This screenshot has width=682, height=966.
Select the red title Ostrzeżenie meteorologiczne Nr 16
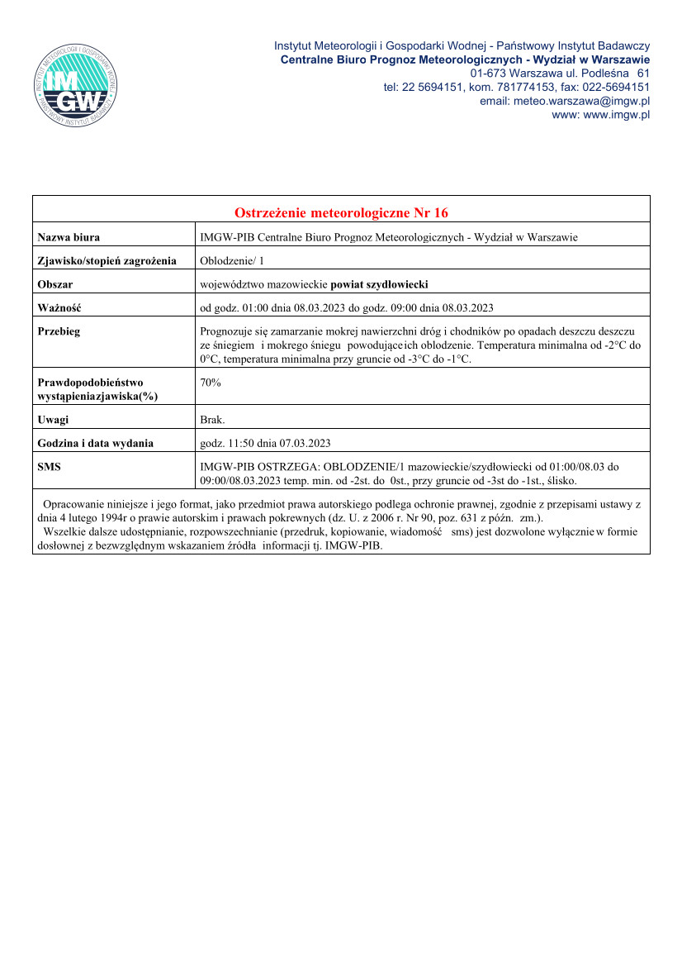pos(341,213)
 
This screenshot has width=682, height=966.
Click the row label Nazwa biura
pos(69,238)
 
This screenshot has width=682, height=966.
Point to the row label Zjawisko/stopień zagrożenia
pos(107,261)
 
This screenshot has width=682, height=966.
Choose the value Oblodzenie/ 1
pos(233,261)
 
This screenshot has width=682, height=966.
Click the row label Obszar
pos(55,284)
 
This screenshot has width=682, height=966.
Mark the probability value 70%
pos(211,383)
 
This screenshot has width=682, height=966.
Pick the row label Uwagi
pos(54,420)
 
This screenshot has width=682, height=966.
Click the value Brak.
pos(213,420)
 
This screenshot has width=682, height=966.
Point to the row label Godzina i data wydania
pos(96,443)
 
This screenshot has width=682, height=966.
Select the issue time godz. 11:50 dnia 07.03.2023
pos(265,443)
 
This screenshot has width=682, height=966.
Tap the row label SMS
pos(50,467)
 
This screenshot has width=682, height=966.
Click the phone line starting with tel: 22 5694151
pos(517,87)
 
